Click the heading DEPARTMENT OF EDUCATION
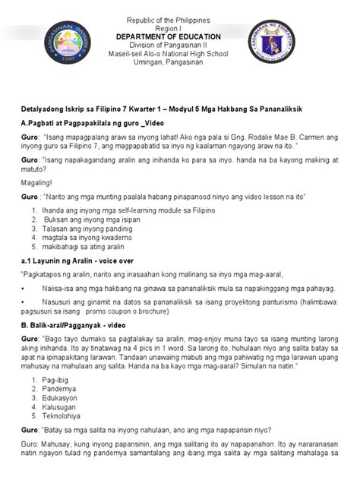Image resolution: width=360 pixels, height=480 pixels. point(179,36)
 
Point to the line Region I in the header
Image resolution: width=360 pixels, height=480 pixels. point(179,27)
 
